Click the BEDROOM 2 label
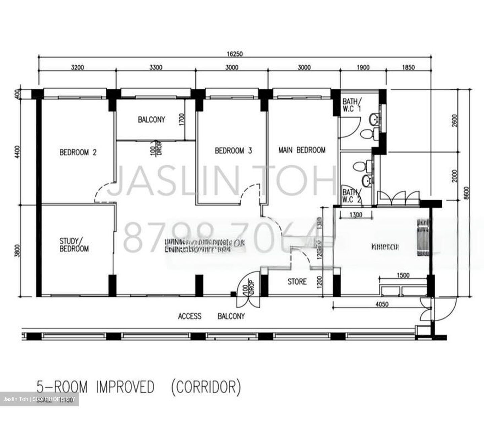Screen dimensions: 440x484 point(78,152)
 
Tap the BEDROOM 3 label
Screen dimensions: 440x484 point(233,151)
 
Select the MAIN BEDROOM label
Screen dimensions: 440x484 point(302,150)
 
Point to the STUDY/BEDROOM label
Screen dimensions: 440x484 point(74,245)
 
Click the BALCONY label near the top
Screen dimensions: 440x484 point(151,120)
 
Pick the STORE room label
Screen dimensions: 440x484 point(297,282)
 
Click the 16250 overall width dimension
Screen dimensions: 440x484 point(235,54)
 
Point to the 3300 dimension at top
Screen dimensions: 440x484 point(156,68)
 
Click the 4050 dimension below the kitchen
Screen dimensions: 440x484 point(381,305)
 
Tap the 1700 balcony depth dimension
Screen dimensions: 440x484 point(182,120)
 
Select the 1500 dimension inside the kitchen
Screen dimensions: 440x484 point(403,275)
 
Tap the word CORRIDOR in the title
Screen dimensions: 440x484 point(206,388)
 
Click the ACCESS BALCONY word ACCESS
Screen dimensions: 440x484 point(190,316)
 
